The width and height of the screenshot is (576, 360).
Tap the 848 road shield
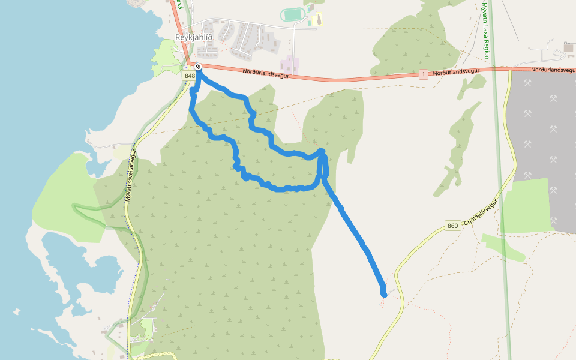coord(190,76)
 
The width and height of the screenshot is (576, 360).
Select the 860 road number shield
coord(453,226)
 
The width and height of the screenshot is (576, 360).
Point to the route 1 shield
coord(424,74)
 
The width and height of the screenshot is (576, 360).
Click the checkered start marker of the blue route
coord(197,67)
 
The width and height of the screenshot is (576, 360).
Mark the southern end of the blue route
coord(384,294)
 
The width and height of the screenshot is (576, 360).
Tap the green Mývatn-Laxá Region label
coord(486,30)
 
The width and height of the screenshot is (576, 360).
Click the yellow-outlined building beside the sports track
coord(316,20)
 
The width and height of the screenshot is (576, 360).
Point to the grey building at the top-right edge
coord(569,47)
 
